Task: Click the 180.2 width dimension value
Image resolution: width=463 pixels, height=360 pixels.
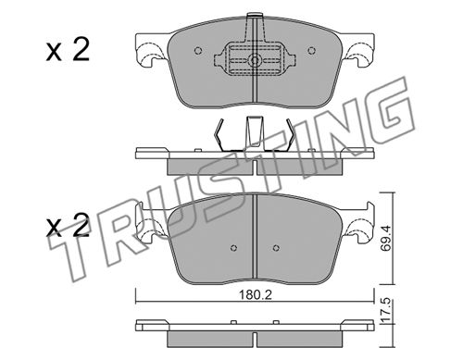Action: point(255,295)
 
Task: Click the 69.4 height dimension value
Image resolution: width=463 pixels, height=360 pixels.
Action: point(385,238)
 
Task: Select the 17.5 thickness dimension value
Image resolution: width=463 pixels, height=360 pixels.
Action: point(385,311)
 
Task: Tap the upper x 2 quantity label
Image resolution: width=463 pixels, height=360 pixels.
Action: point(68,49)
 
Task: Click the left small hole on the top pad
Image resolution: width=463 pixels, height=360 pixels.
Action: point(198,51)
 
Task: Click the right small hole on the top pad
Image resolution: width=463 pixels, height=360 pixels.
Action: point(312,50)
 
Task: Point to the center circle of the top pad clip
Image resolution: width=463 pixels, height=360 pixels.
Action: point(255,60)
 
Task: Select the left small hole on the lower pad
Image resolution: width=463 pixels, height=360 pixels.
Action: point(233,248)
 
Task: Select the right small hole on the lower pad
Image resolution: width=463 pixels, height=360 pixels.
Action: point(276,248)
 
